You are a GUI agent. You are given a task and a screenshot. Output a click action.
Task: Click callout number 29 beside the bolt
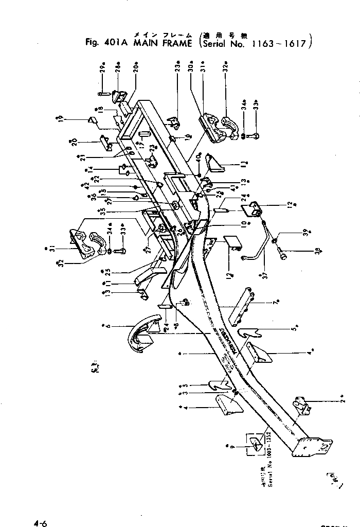click(103, 68)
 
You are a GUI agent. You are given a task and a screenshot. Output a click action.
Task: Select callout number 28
click(117, 68)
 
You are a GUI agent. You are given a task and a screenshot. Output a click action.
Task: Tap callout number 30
click(191, 68)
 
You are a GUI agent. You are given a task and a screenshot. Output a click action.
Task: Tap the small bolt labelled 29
click(102, 94)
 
